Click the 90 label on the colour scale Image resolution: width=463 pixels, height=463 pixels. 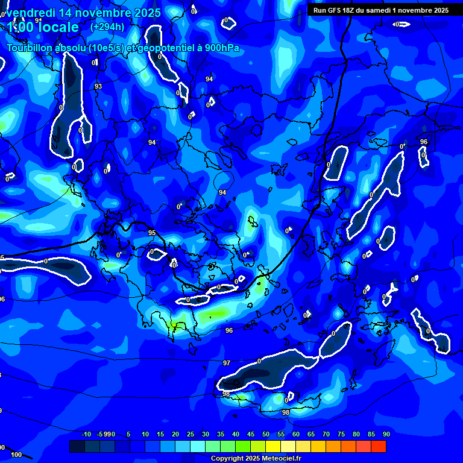pyautogui.click(x=386, y=434)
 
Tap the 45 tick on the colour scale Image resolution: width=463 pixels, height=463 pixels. pyautogui.click(x=251, y=434)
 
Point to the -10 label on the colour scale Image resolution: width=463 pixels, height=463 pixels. pyautogui.click(x=86, y=434)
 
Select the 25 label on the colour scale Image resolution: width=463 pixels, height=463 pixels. pyautogui.click(x=191, y=434)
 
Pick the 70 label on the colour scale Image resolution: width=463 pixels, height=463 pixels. pyautogui.click(x=326, y=434)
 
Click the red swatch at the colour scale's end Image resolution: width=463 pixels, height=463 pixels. pyautogui.click(x=379, y=446)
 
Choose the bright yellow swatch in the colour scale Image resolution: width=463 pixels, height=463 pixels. pyautogui.click(x=273, y=446)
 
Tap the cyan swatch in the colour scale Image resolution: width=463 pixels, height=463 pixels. pyautogui.click(x=198, y=446)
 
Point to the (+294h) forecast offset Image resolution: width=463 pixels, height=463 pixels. pyautogui.click(x=107, y=27)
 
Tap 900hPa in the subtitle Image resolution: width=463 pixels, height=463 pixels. pyautogui.click(x=218, y=48)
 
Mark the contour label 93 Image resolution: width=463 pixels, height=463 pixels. pyautogui.click(x=98, y=87)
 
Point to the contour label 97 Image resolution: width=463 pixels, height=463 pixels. pyautogui.click(x=227, y=364)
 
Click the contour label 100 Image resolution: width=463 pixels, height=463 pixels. pyautogui.click(x=16, y=455)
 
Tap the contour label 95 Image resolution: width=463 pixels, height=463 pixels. pyautogui.click(x=152, y=233)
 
